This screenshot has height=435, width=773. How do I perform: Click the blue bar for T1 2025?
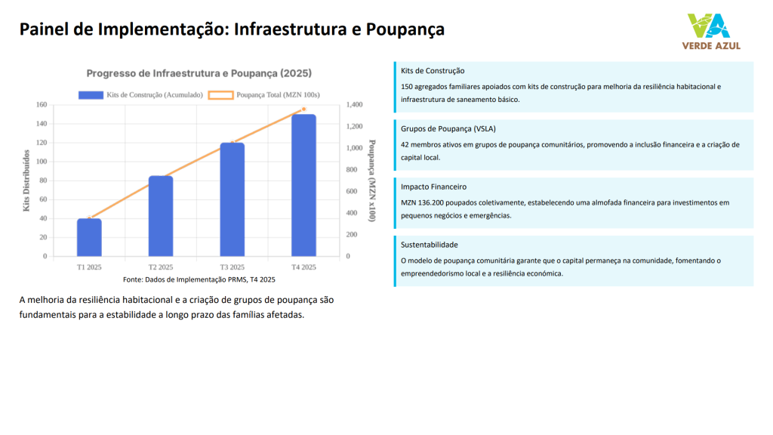pos(89,237)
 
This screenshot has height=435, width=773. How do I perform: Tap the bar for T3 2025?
pos(233,199)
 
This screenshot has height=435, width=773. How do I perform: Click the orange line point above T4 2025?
pos(303,110)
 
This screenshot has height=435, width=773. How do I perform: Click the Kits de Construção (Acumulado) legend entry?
pos(141,95)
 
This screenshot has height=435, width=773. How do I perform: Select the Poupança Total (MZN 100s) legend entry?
pos(264,95)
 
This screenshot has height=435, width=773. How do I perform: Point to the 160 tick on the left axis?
pos(41,105)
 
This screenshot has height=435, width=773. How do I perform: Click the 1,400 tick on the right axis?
pos(354,105)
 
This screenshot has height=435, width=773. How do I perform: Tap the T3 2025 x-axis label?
pos(233,267)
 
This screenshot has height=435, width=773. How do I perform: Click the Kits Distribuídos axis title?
pos(26,180)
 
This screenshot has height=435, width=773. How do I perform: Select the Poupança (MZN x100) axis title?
pos(371,180)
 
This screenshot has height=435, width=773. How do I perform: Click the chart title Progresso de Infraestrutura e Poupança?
pos(199,73)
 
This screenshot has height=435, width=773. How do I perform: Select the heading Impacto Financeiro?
pos(434,187)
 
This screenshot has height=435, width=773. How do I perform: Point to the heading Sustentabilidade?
pos(430,245)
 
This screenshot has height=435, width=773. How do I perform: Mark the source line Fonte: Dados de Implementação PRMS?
pos(199,279)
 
